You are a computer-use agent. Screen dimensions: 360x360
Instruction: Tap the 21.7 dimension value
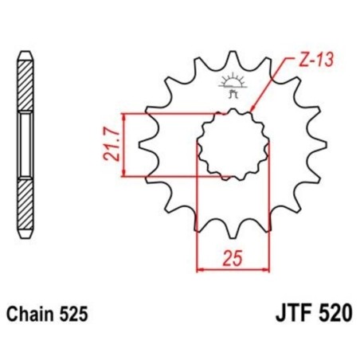click(115, 144)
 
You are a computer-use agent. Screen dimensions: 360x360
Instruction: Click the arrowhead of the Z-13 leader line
click(252, 110)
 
